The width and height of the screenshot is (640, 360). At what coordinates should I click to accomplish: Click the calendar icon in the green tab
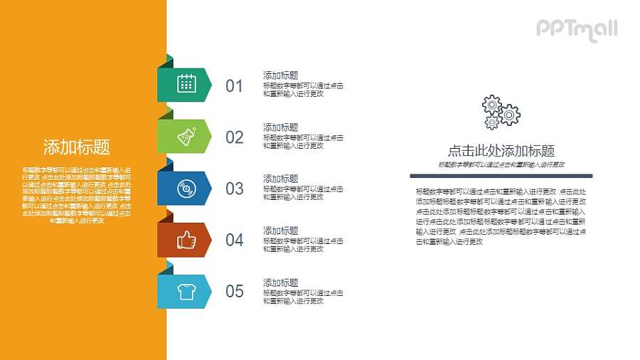pyautogui.click(x=186, y=84)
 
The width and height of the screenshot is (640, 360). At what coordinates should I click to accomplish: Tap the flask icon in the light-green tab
pyautogui.click(x=186, y=136)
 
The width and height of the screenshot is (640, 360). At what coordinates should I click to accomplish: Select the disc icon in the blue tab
pyautogui.click(x=186, y=189)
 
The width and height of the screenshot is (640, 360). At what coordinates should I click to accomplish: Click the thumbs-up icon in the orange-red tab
pyautogui.click(x=186, y=240)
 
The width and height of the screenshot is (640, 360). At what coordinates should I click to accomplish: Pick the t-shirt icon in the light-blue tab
pyautogui.click(x=186, y=292)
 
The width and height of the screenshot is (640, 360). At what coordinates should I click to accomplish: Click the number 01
pyautogui.click(x=234, y=86)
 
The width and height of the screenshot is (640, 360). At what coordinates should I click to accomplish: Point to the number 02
pyautogui.click(x=234, y=137)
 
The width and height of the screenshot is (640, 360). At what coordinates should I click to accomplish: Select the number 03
pyautogui.click(x=234, y=189)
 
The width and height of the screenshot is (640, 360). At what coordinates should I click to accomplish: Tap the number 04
pyautogui.click(x=234, y=240)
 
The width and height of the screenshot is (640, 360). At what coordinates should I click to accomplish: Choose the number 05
pyautogui.click(x=234, y=291)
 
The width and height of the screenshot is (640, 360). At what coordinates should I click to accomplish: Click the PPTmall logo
pyautogui.click(x=576, y=29)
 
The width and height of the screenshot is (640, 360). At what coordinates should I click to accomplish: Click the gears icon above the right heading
pyautogui.click(x=501, y=112)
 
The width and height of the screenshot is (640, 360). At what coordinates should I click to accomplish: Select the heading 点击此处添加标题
pyautogui.click(x=501, y=151)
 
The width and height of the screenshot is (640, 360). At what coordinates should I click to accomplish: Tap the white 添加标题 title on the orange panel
pyautogui.click(x=77, y=147)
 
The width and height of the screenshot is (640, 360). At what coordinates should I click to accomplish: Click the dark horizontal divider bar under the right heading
pyautogui.click(x=501, y=175)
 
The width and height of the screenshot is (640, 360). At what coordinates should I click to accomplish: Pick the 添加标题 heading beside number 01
pyautogui.click(x=280, y=75)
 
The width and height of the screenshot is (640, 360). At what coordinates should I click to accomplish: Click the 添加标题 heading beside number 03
pyautogui.click(x=280, y=179)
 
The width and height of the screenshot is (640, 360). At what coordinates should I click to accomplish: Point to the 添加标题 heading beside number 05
pyautogui.click(x=280, y=282)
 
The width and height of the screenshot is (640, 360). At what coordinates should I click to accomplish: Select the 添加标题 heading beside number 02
pyautogui.click(x=280, y=127)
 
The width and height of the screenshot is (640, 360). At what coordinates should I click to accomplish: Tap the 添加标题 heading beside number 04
pyautogui.click(x=280, y=231)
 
